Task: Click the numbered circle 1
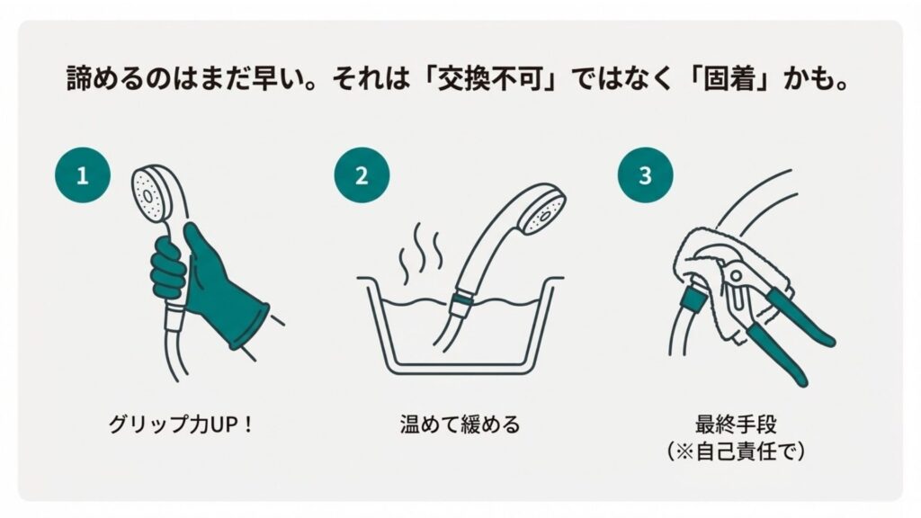[x=83, y=175]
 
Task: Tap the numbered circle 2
[x=362, y=175]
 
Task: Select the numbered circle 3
[x=645, y=175]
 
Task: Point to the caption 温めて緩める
[x=460, y=424]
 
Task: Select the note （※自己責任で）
[x=736, y=450]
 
